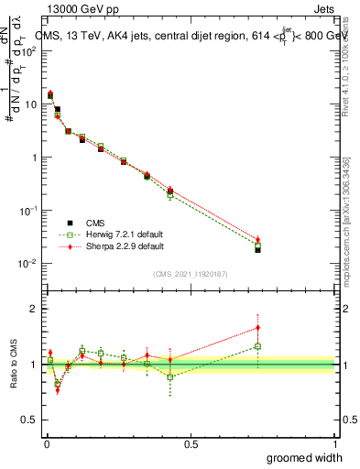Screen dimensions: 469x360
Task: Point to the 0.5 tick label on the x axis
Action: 190,443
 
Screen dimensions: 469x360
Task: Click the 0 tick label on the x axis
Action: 46,443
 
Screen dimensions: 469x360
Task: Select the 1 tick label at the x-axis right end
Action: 334,443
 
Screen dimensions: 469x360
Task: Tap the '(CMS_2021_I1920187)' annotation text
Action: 190,273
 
